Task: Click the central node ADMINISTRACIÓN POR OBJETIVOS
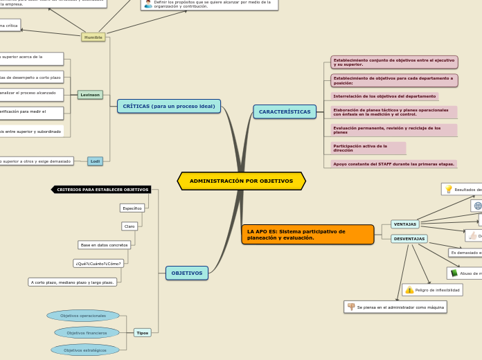[241, 181]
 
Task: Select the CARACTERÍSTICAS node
[285, 111]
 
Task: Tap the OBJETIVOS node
[187, 273]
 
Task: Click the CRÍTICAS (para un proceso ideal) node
[169, 106]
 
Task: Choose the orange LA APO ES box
[307, 234]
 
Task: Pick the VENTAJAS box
[405, 224]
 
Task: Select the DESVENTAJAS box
[409, 239]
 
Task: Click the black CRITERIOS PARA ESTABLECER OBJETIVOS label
[102, 189]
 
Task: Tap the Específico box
[132, 208]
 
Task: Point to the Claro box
[130, 226]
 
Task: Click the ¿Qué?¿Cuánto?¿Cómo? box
[99, 263]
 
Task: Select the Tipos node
[142, 332]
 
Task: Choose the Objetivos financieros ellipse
[87, 332]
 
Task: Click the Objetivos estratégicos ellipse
[84, 350]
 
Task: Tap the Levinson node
[90, 95]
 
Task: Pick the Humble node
[93, 37]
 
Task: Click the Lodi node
[95, 161]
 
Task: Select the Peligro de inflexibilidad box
[437, 290]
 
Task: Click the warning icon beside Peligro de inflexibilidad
[410, 290]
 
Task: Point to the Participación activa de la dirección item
[368, 148]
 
